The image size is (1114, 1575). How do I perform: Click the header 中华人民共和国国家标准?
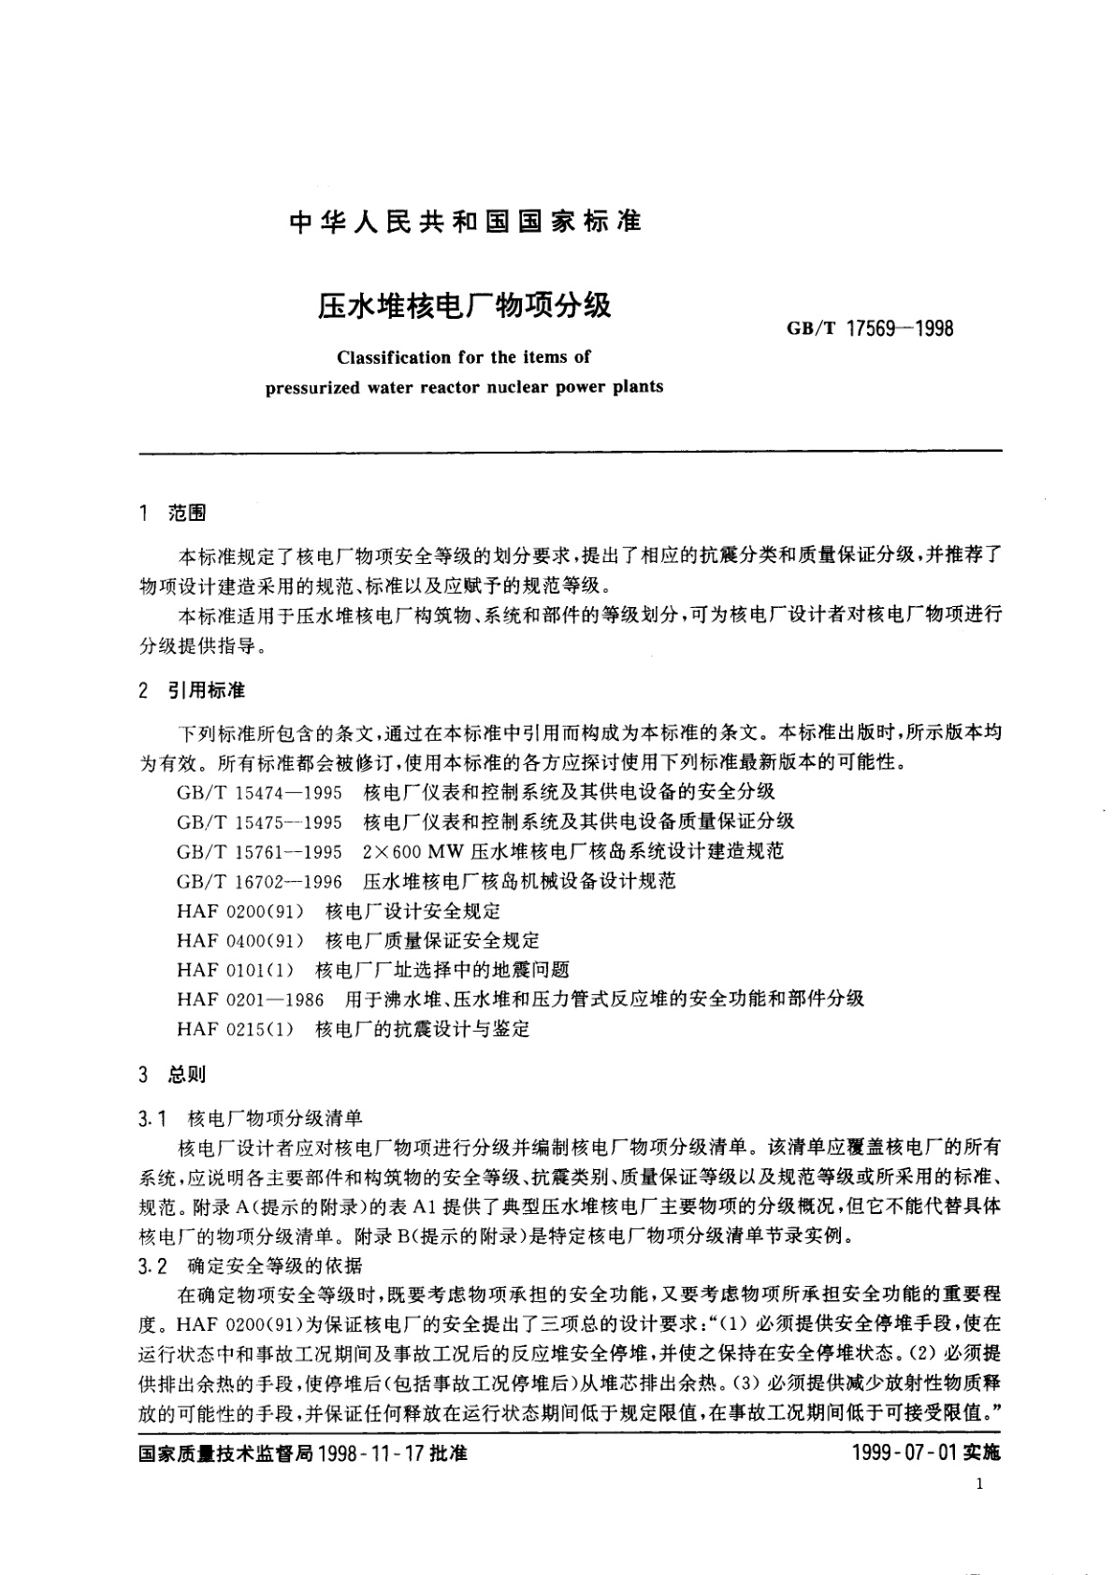[465, 223]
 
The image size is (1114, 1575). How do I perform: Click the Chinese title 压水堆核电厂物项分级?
[465, 306]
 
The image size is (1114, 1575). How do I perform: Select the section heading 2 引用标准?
[191, 691]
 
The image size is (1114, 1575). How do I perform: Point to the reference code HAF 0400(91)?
[240, 940]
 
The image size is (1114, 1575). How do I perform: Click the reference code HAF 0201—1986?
[250, 1000]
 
